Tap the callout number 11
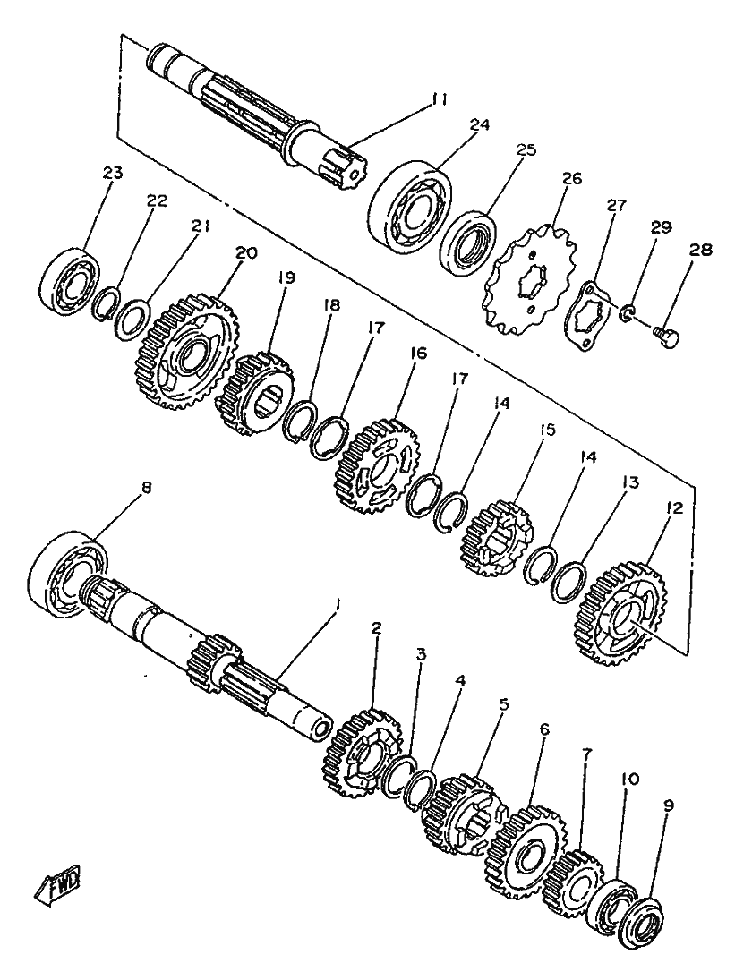[439, 99]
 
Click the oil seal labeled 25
[471, 243]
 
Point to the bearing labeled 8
[66, 571]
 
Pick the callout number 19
[286, 278]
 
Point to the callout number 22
[157, 200]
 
